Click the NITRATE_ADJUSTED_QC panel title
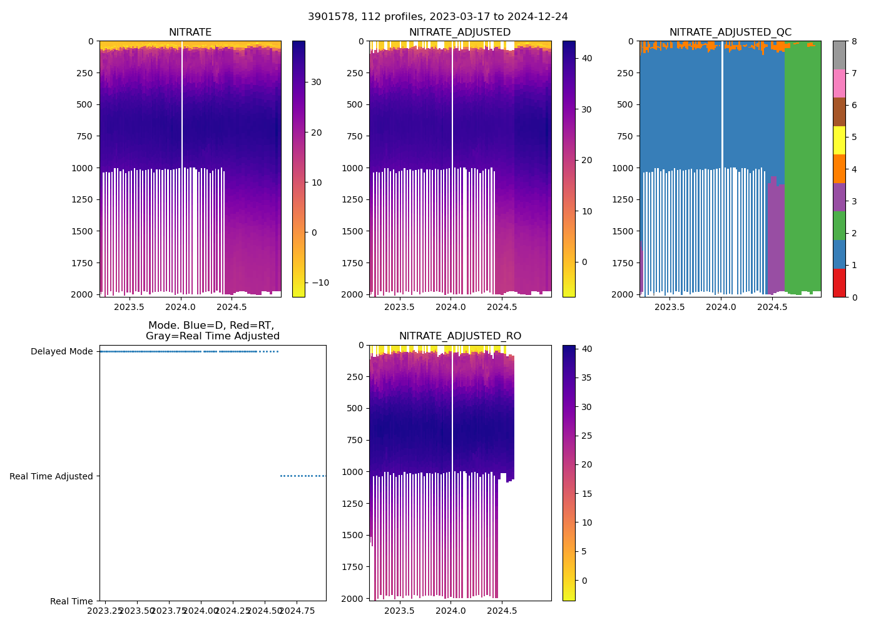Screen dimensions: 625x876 730,32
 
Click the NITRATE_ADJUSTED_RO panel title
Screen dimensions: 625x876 460,336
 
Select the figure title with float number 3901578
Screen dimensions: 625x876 438,17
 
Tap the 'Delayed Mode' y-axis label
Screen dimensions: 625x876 61,352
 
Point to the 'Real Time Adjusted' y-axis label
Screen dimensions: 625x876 51,476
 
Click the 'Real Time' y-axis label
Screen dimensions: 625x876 71,601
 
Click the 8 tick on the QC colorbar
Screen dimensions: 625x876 853,41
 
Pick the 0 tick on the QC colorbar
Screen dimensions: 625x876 853,297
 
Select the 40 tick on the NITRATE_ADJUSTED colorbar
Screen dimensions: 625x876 583,58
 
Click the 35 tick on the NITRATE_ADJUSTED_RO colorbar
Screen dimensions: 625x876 583,377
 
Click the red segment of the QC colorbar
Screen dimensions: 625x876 839,282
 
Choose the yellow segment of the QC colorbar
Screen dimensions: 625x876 839,141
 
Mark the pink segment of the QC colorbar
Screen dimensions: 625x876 839,83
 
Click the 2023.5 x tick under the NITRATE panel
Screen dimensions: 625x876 130,307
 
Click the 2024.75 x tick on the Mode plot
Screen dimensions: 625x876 297,611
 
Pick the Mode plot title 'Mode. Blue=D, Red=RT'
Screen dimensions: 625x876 211,326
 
